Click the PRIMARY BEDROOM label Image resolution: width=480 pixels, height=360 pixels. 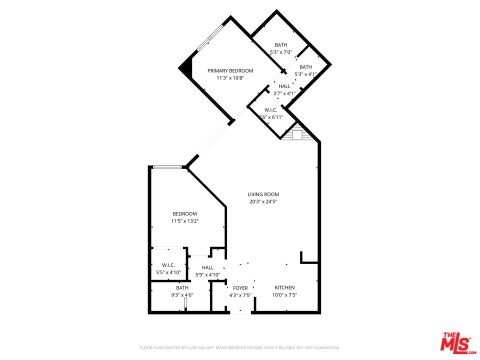(x=230, y=70)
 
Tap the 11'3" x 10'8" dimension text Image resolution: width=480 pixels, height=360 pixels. (x=230, y=78)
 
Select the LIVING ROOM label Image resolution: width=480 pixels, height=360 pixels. (x=263, y=194)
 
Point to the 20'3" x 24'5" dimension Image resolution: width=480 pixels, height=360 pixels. (x=263, y=202)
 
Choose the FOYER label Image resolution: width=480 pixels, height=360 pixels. (x=240, y=288)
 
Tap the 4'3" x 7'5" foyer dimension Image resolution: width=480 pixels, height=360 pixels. (x=240, y=295)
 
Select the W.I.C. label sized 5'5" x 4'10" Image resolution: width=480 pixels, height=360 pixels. (x=168, y=265)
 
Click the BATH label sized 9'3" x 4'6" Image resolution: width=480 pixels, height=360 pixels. (x=182, y=288)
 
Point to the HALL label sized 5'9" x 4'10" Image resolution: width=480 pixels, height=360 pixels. (x=207, y=267)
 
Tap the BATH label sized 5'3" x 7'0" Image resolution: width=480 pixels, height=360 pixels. (x=280, y=45)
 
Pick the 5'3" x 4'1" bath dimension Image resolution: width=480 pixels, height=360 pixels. (x=305, y=74)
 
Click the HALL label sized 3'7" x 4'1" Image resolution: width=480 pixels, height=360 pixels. (x=284, y=86)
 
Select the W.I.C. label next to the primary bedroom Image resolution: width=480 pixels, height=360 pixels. (x=270, y=110)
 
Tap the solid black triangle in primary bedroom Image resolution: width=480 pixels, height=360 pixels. (x=187, y=67)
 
